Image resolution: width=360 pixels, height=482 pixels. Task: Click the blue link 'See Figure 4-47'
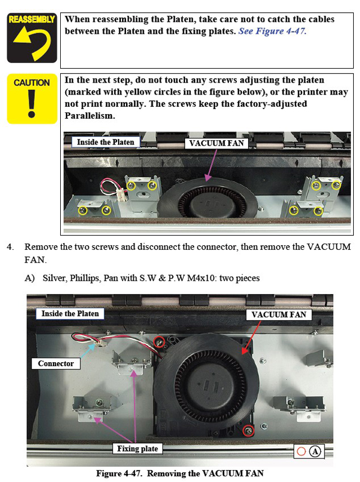pos(271,31)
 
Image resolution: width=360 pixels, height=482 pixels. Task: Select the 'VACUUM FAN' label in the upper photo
pos(217,143)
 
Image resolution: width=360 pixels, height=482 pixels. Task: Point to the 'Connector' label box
pos(56,364)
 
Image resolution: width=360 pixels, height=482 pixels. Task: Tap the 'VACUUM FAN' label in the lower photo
pos(278,314)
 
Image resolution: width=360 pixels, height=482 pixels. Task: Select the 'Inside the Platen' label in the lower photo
pos(70,314)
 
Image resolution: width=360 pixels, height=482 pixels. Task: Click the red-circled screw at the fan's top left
pos(160,341)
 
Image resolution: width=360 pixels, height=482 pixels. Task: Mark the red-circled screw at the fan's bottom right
pos(248,431)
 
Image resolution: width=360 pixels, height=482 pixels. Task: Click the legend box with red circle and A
pos(309,451)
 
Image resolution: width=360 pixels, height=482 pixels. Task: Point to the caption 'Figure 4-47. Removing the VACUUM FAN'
pos(179,473)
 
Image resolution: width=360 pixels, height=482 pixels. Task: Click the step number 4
pos(10,247)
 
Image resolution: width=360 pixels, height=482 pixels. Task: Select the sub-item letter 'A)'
pos(29,278)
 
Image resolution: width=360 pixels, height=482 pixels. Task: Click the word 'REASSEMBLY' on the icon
pos(31,19)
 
